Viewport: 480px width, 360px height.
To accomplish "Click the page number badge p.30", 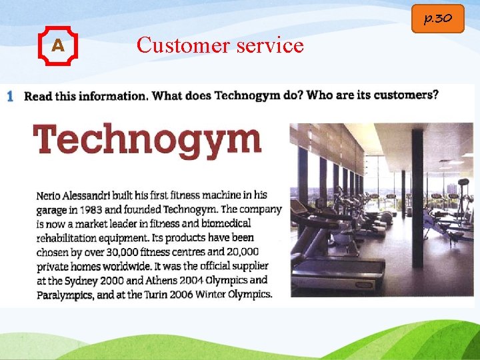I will point(437,18).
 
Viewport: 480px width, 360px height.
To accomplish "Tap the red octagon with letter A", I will point(58,46).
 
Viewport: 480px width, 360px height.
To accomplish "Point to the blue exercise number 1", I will point(10,96).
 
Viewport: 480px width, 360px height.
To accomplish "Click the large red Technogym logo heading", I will point(147,141).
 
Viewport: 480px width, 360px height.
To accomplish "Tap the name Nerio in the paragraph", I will point(50,196).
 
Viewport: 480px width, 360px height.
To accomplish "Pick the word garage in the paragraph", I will point(51,210).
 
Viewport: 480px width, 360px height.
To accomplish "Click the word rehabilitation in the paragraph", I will point(70,238).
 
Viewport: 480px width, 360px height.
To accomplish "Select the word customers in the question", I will point(405,95).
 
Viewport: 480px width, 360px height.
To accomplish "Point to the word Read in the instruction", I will point(37,96).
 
